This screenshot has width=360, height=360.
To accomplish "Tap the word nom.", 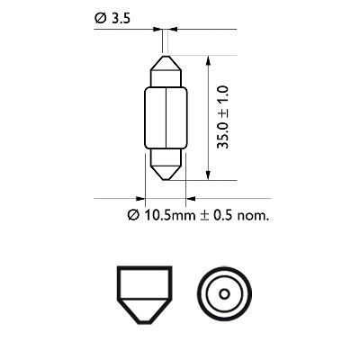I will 255,215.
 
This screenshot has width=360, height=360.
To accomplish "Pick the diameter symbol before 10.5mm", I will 132,215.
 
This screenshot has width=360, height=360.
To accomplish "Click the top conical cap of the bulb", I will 166,69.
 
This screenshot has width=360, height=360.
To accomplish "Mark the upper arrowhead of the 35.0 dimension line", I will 210,60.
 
